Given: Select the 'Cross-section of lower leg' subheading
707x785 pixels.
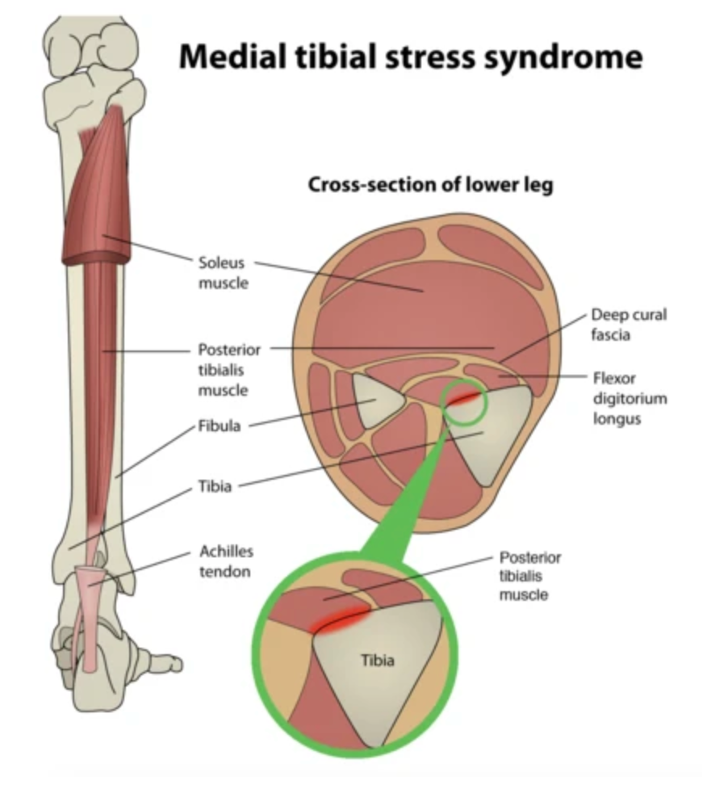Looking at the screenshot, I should click(x=430, y=185).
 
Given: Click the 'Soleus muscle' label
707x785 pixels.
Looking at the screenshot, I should click(x=221, y=273).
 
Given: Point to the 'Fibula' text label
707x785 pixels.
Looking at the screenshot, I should click(x=220, y=426).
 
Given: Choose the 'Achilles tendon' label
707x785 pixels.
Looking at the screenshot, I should click(x=226, y=561).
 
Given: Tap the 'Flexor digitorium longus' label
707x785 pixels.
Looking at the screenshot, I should click(x=629, y=399).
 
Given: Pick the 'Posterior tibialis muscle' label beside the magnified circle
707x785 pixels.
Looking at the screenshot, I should click(x=529, y=576).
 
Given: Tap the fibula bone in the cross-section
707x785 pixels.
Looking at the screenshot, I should click(x=375, y=401).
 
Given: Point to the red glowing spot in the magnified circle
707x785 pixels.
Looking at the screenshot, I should click(x=343, y=619).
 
